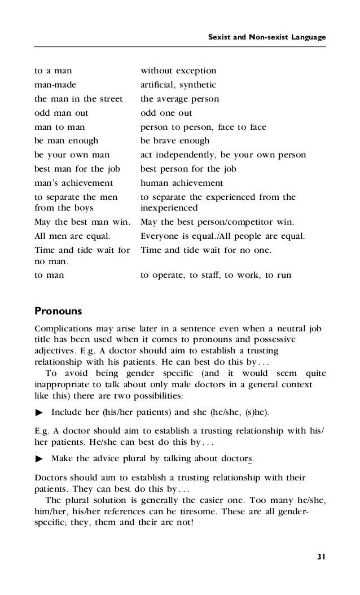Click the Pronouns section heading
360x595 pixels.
click(x=58, y=310)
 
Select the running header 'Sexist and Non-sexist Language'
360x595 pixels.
click(x=267, y=37)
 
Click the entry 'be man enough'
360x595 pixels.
click(x=66, y=141)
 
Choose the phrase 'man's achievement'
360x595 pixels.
click(x=73, y=183)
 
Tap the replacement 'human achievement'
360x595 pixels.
click(x=182, y=183)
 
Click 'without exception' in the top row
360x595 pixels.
click(x=178, y=71)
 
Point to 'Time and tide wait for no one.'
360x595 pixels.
click(x=205, y=249)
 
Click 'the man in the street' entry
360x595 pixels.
click(x=78, y=99)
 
